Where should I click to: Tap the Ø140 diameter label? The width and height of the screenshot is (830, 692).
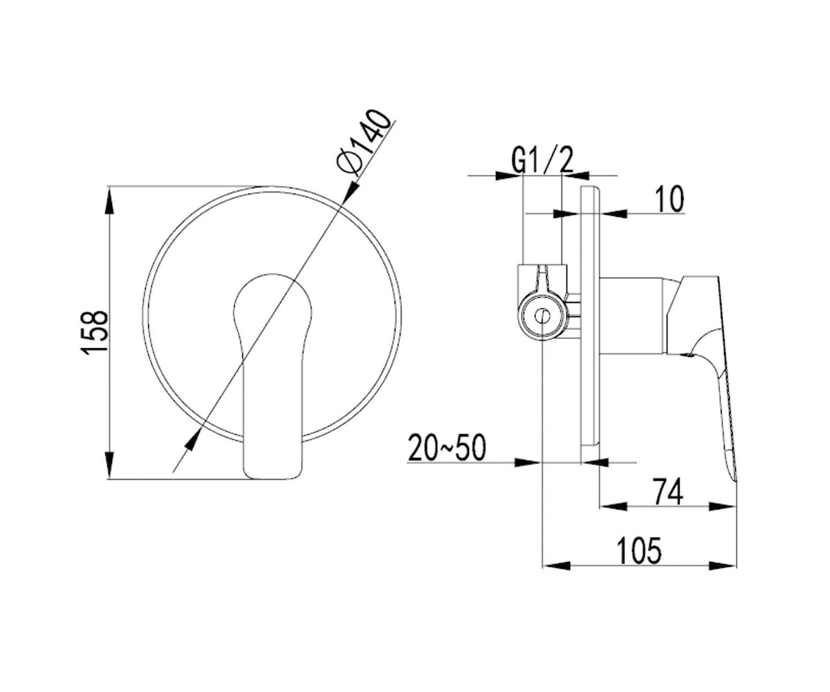361,142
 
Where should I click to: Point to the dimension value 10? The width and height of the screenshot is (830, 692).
670,199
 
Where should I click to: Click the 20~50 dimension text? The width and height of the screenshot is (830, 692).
447,448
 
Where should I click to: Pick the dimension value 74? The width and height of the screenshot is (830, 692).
668,491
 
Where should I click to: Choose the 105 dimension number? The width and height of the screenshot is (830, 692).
639,551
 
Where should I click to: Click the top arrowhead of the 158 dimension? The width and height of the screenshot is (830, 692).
110,201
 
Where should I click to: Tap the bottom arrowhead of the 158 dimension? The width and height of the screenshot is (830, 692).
110,465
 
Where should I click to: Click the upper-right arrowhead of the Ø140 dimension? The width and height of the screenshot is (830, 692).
350,193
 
